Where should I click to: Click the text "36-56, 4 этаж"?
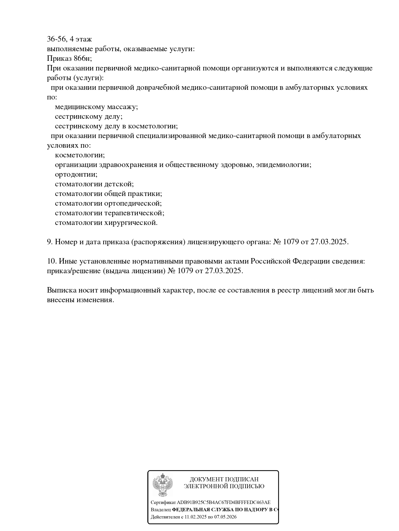coord(69,39)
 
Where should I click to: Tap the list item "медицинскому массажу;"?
coord(96,107)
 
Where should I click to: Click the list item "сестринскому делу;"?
coord(88,116)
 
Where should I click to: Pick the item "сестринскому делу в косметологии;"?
coord(116,126)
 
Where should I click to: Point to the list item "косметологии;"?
coord(80,155)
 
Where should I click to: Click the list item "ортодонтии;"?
coord(76,174)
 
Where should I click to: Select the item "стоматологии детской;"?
coord(94,184)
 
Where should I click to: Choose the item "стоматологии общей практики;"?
coord(108,194)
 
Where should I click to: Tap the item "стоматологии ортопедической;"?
coord(108,203)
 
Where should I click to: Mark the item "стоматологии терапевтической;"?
coord(109,213)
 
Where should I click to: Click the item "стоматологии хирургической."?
coord(106,223)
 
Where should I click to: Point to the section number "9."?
coord(50,242)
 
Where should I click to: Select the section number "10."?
coord(52,261)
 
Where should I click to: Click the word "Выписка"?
coord(61,290)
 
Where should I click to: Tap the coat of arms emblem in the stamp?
coord(162,485)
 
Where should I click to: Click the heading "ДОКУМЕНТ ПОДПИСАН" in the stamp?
coord(224,480)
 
